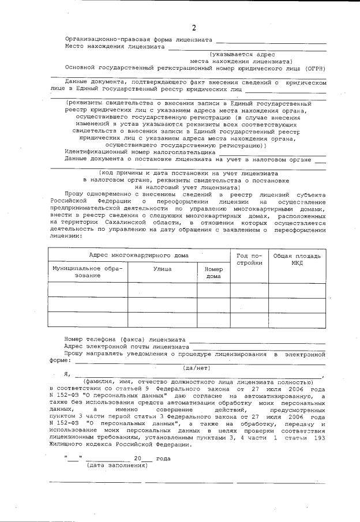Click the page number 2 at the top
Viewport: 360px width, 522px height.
(x=194, y=28)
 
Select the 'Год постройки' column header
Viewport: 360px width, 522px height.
(x=249, y=259)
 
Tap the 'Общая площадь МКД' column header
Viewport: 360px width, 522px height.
(x=297, y=259)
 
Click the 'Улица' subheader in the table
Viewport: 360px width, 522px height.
(x=162, y=268)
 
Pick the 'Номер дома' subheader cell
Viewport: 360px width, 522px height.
(x=213, y=272)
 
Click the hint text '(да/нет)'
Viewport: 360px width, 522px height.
(x=194, y=367)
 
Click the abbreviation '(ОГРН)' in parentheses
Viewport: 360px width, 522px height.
(x=316, y=68)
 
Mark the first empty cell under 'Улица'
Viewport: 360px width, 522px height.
(x=162, y=290)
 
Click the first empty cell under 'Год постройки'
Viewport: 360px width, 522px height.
(x=249, y=290)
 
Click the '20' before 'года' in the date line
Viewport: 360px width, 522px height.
(x=137, y=458)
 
